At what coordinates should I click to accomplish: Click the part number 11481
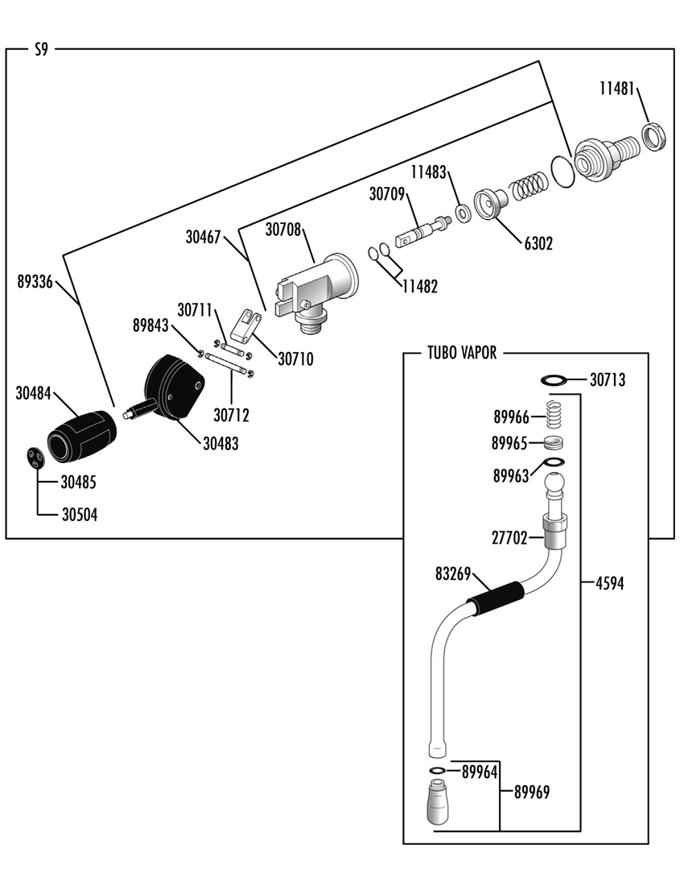[x=617, y=89]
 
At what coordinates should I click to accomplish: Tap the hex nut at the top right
[x=654, y=136]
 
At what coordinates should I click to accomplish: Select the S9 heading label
[x=41, y=50]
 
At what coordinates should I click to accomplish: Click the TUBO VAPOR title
[x=462, y=353]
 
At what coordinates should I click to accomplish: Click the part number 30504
[x=80, y=515]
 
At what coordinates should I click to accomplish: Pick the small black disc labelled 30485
[x=36, y=457]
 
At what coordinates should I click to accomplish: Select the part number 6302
[x=538, y=243]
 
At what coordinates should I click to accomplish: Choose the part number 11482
[x=420, y=287]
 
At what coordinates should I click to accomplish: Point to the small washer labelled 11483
[x=464, y=213]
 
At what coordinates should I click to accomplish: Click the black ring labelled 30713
[x=554, y=379]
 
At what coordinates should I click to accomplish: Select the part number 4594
[x=610, y=583]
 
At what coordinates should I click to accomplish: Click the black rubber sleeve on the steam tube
[x=496, y=598]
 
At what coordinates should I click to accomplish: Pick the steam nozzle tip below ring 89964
[x=438, y=801]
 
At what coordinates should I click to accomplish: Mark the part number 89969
[x=532, y=793]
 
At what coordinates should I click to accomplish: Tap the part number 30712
[x=232, y=416]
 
